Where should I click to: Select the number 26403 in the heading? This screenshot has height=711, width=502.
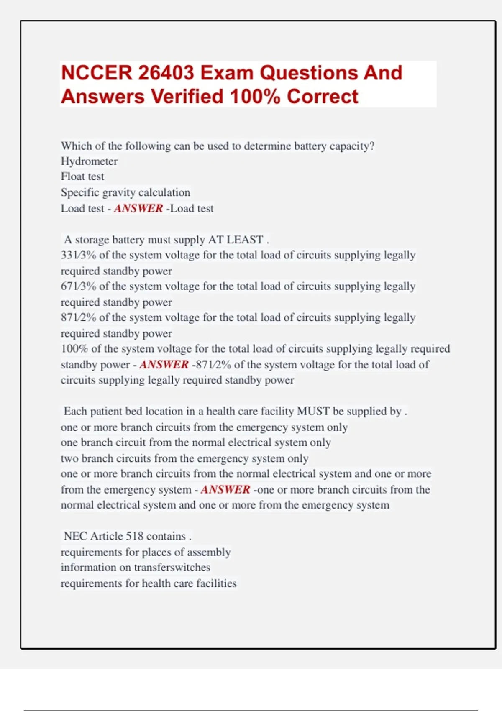point(166,73)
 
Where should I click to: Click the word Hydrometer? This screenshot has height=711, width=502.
point(89,161)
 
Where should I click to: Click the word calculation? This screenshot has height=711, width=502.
point(164,192)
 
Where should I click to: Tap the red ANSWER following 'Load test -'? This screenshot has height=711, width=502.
point(138,208)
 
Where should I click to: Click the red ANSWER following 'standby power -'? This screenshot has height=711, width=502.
point(164,365)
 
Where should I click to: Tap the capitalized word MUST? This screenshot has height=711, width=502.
point(313,412)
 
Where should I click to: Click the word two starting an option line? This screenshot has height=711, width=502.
point(69,459)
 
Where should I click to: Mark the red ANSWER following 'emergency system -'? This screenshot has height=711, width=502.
point(225,490)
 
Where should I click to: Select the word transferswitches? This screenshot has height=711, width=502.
point(172,568)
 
